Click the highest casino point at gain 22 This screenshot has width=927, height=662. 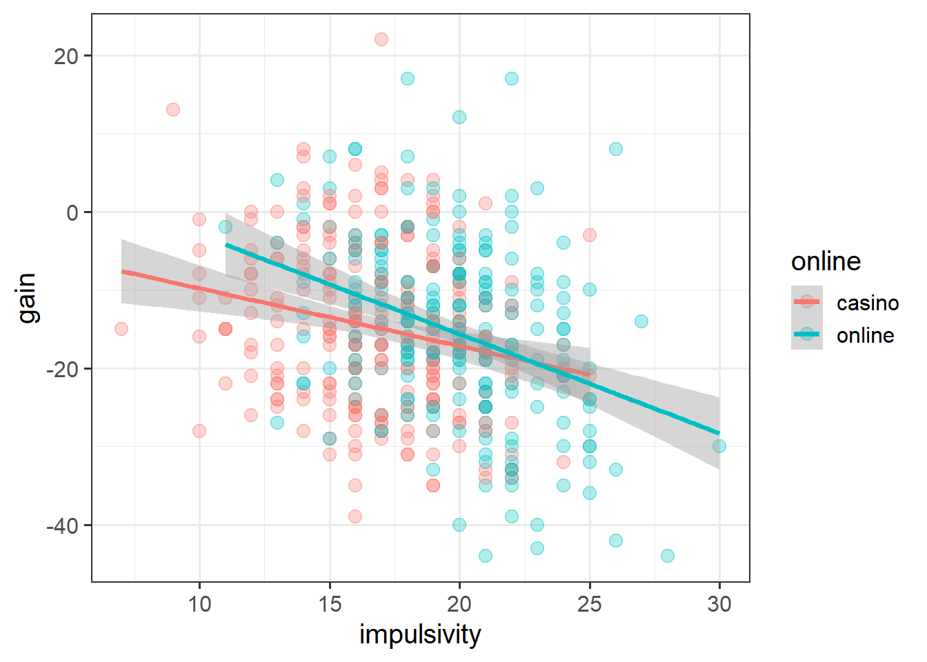tap(381, 39)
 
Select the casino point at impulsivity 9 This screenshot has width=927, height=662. tap(173, 110)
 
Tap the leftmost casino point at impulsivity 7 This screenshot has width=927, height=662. tap(121, 329)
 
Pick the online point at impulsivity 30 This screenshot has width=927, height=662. tap(719, 446)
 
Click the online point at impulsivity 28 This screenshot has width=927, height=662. tap(668, 556)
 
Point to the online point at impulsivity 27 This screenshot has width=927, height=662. tap(641, 321)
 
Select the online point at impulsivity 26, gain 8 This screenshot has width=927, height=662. tap(616, 149)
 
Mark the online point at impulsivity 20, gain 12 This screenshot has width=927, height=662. tap(459, 117)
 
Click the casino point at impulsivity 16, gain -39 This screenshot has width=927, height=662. tap(355, 516)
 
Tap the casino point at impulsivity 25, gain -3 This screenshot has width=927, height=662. tap(590, 235)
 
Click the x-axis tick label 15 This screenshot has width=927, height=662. tap(330, 604)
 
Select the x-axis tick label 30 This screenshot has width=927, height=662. tap(719, 604)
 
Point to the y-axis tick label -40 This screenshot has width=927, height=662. tap(63, 525)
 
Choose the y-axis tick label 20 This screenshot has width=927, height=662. tap(66, 56)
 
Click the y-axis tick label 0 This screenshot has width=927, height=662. tap(72, 212)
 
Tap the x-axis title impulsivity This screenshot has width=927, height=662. tap(420, 635)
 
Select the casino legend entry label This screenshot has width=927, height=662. tap(867, 303)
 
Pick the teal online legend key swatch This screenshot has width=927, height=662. tap(807, 334)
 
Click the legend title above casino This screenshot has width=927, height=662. tap(826, 261)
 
